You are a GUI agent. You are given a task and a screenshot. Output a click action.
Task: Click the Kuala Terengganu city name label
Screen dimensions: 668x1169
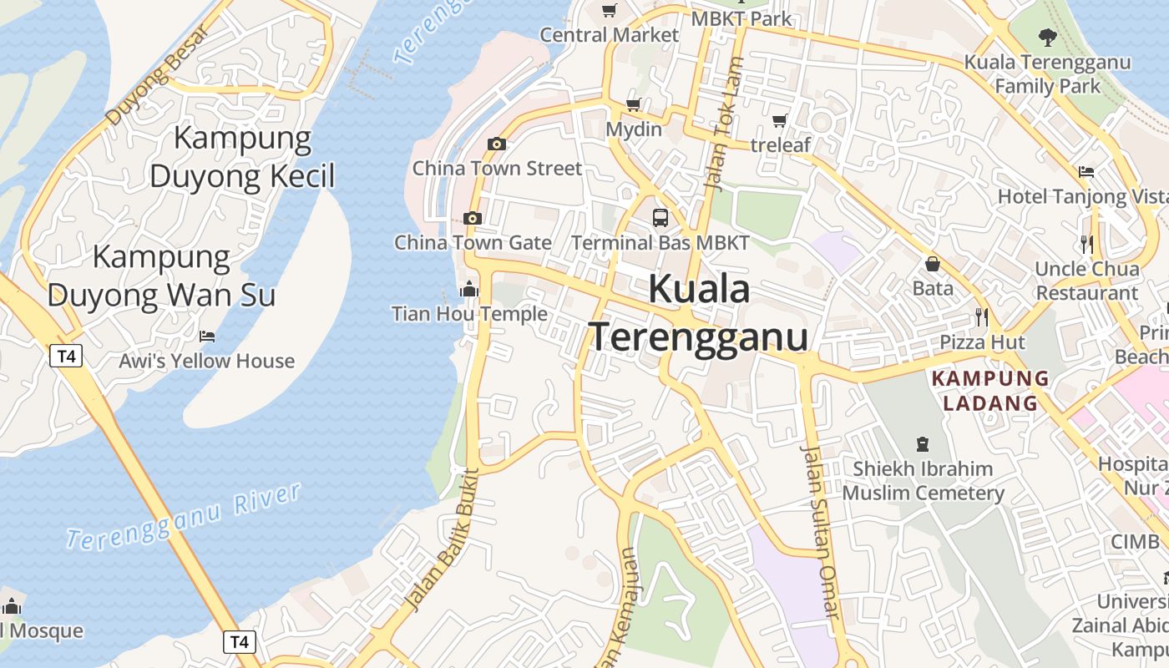pos(700,313)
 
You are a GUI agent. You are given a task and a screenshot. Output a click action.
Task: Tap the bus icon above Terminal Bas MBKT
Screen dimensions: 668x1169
pos(660,218)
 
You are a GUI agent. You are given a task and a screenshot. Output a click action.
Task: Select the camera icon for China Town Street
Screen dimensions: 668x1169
pos(497,144)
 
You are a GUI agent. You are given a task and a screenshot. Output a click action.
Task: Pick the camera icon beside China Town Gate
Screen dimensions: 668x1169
pos(473,219)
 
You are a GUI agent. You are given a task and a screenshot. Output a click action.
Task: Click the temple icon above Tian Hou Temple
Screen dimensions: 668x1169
pos(469,290)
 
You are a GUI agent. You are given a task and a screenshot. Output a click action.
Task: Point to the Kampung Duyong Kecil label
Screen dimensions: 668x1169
pos(242,157)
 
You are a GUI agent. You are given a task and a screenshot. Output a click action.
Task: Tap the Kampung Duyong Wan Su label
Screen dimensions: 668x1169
pos(161,276)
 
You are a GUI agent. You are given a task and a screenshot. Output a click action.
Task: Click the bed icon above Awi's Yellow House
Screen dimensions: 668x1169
pos(207,337)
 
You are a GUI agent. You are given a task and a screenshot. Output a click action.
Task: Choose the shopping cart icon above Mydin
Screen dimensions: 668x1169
pos(633,105)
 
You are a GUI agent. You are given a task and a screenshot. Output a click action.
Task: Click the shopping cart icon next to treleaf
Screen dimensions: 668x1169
pos(780,121)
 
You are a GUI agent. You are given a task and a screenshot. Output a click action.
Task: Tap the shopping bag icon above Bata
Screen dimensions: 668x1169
pos(933,265)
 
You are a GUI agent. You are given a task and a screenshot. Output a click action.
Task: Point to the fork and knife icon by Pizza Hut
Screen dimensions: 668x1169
pos(982,317)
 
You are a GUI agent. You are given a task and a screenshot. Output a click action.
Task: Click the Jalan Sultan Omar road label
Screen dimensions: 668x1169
pos(819,531)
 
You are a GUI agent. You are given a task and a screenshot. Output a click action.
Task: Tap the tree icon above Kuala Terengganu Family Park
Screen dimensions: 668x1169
pos(1047,37)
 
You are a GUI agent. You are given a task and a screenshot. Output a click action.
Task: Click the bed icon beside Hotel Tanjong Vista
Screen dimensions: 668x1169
pos(1085,172)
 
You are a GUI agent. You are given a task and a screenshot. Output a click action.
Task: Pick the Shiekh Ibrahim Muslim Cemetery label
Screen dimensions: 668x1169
pos(923,480)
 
